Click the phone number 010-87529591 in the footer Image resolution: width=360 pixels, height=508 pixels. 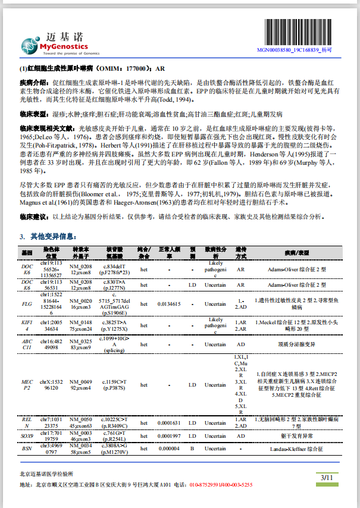[x=206, y=485]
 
